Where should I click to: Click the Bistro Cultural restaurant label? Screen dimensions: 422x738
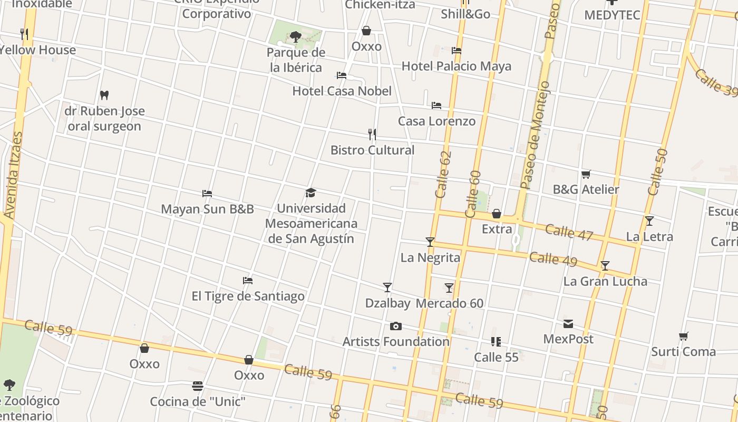pos(372,150)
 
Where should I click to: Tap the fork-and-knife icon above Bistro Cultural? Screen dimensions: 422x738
pos(372,135)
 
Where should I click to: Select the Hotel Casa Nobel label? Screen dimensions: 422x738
pos(342,91)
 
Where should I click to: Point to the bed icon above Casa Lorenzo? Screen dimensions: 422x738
pos(436,105)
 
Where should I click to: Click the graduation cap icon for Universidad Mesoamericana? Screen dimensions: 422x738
pos(310,193)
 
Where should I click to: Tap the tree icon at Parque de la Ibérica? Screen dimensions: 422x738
pos(296,36)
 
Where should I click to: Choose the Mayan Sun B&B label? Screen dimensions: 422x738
pos(207,209)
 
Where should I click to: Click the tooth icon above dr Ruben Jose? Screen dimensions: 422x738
pos(104,95)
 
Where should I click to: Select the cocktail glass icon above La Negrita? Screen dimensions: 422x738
pos(430,242)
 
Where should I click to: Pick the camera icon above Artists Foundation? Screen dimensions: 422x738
pos(396,327)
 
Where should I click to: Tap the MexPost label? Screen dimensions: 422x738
pos(568,339)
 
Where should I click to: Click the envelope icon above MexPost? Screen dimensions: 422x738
pos(568,324)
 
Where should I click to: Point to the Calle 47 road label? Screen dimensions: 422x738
pos(569,232)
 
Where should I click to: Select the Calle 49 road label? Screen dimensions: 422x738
pos(553,259)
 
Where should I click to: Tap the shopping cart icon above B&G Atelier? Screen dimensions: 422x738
pos(586,174)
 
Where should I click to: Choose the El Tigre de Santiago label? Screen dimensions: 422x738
pos(248,296)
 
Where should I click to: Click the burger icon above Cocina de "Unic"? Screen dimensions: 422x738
pos(198,386)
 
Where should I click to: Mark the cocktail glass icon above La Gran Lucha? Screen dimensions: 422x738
pos(605,266)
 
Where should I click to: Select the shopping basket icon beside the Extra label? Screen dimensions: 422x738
pos(497,214)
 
